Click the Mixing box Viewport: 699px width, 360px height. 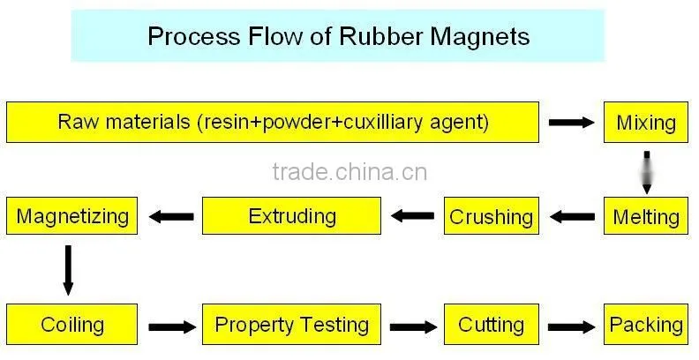pyautogui.click(x=645, y=123)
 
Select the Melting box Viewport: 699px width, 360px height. pyautogui.click(x=645, y=216)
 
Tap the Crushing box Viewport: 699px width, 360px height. pyautogui.click(x=492, y=216)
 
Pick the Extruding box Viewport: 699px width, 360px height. pyautogui.click(x=291, y=216)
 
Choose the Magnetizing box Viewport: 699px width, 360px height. pyautogui.click(x=71, y=216)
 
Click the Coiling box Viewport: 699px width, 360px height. pyautogui.click(x=71, y=325)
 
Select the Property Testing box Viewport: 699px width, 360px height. pyautogui.click(x=291, y=325)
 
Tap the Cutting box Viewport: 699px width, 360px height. pyautogui.click(x=492, y=325)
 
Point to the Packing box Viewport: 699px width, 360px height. pyautogui.click(x=645, y=325)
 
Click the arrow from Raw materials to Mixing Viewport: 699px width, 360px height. pyautogui.click(x=572, y=122)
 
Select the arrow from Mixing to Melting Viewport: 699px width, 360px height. pyautogui.click(x=647, y=172)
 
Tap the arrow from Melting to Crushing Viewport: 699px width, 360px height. pyautogui.click(x=572, y=216)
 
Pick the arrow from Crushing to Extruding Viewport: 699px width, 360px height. pyautogui.click(x=412, y=216)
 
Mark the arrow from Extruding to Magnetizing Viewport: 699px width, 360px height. pyautogui.click(x=171, y=216)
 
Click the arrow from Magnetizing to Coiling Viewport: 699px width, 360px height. pyautogui.click(x=68, y=271)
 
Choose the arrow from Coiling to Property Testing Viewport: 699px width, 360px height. pyautogui.click(x=172, y=327)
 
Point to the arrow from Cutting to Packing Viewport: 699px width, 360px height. pyautogui.click(x=571, y=327)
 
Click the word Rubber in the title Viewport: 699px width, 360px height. pyautogui.click(x=380, y=35)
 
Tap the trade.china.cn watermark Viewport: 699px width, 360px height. pyautogui.click(x=349, y=172)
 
